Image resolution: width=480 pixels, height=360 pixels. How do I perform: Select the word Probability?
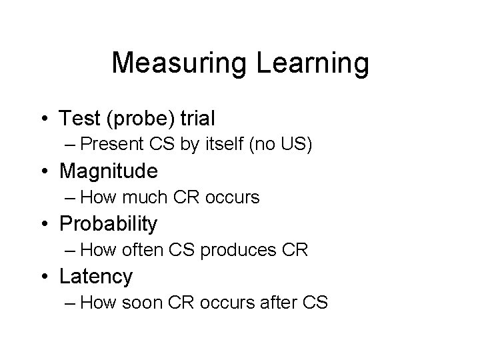109,224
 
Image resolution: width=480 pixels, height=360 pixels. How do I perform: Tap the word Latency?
97,276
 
